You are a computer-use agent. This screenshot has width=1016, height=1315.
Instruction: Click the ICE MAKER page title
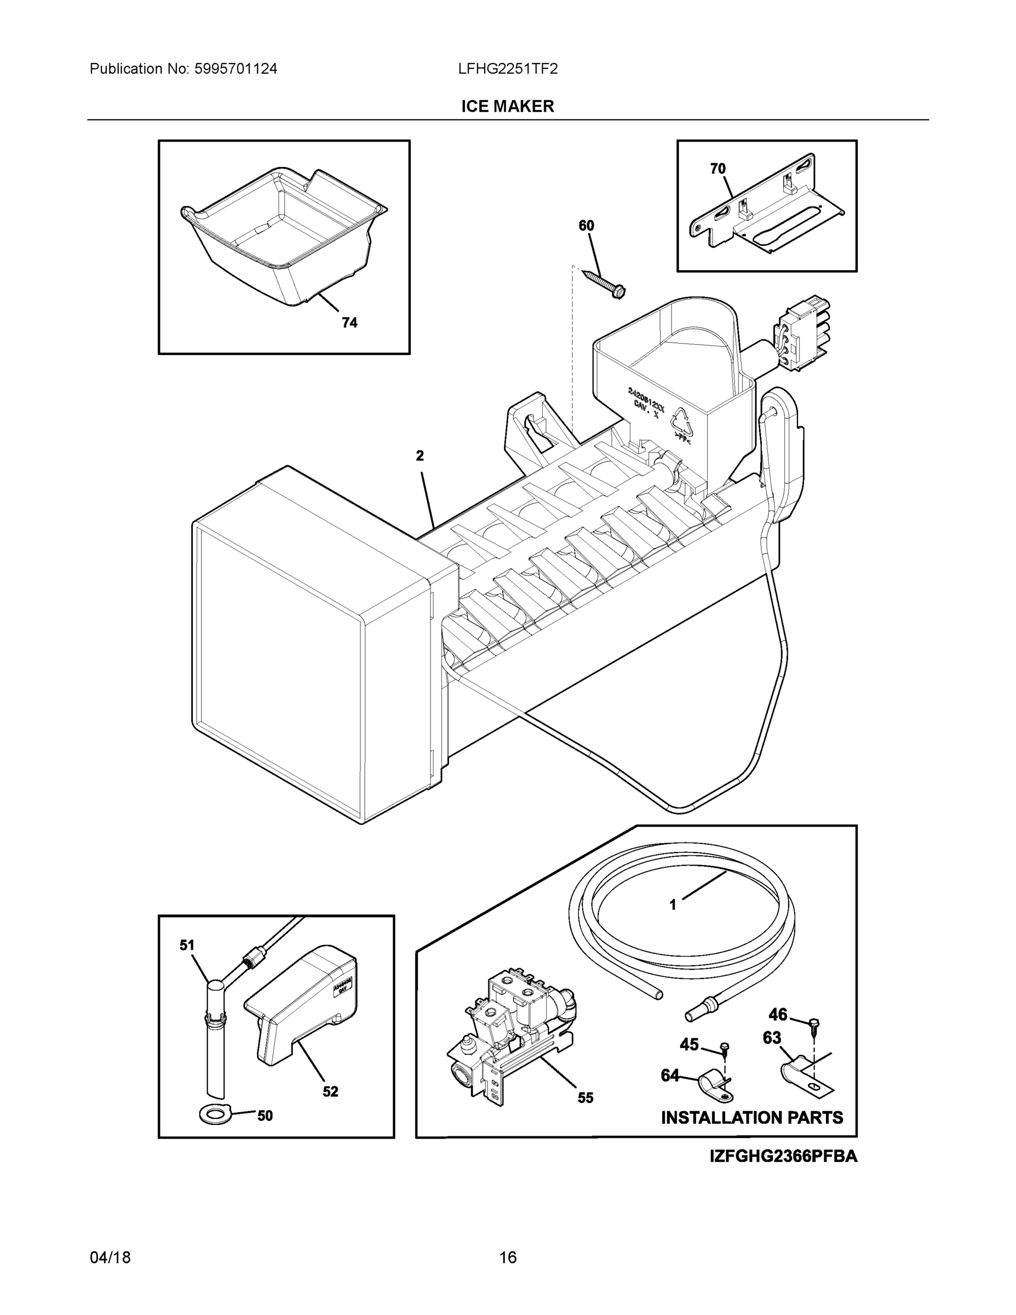pos(507,107)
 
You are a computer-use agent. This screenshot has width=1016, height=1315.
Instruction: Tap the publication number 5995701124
pos(236,69)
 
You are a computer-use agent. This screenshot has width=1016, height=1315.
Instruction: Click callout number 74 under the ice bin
pos(349,323)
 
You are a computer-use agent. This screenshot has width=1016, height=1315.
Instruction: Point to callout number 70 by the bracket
pos(717,169)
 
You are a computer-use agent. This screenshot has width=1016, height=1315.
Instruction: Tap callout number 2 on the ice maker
pos(420,456)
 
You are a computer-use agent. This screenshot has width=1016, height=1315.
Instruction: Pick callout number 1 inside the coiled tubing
pos(673,922)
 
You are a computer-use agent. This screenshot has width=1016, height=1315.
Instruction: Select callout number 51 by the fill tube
pos(187,945)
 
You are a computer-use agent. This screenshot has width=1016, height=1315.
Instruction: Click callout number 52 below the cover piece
pos(330,1091)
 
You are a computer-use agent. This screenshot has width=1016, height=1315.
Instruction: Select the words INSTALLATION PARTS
pos(752,1118)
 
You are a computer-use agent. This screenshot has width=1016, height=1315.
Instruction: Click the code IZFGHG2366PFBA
pos(783,1156)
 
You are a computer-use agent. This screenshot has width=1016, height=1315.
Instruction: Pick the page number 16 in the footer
pos(507,1257)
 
